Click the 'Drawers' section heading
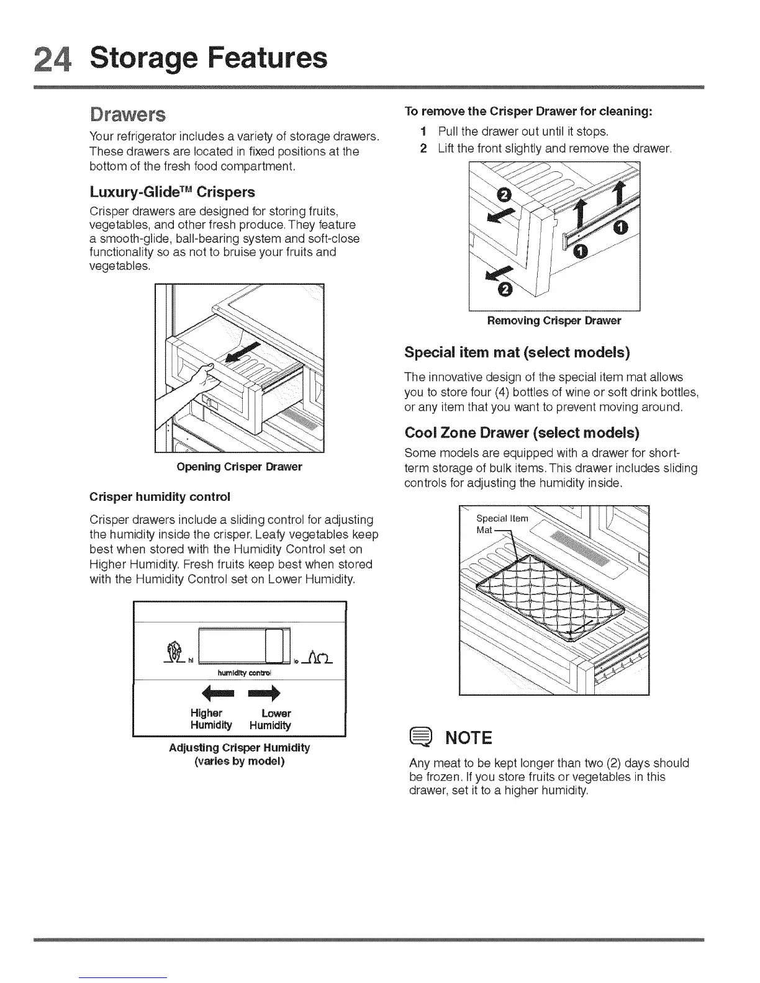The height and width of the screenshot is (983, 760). point(127,115)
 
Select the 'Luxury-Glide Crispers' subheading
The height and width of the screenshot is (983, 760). point(172,192)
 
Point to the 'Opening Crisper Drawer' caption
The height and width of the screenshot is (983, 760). point(239,467)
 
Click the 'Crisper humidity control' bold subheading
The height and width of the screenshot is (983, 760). point(160,496)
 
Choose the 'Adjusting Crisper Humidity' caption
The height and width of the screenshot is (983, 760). point(239,747)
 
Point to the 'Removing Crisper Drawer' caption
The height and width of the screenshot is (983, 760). point(554,321)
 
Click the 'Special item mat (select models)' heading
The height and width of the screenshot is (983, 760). point(517,352)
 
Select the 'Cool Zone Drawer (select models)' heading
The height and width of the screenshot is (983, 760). point(522,432)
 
